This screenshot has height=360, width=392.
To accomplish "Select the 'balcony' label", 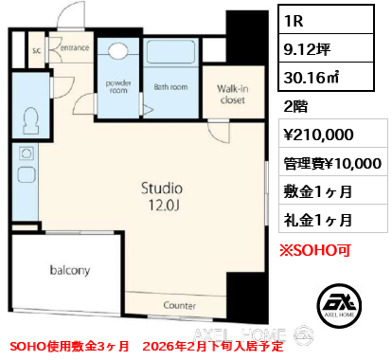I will coord(70,270).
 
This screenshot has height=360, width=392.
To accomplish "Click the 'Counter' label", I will coord(178,305).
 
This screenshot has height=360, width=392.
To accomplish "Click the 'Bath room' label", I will coord(171,86).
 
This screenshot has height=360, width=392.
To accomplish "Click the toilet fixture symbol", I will coord(32,120).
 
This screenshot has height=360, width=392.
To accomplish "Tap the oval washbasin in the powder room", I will coord(118,53).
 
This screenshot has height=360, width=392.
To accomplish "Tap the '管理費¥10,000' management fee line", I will coord(332,164).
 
